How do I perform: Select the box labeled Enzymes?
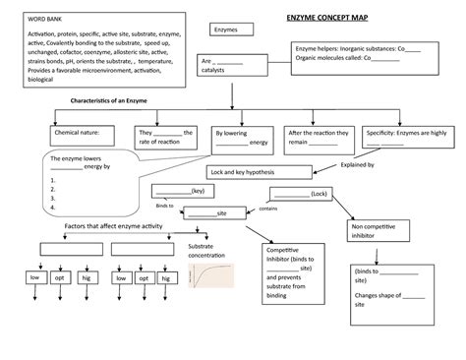click(227, 31)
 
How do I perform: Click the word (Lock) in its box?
click(319, 194)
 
